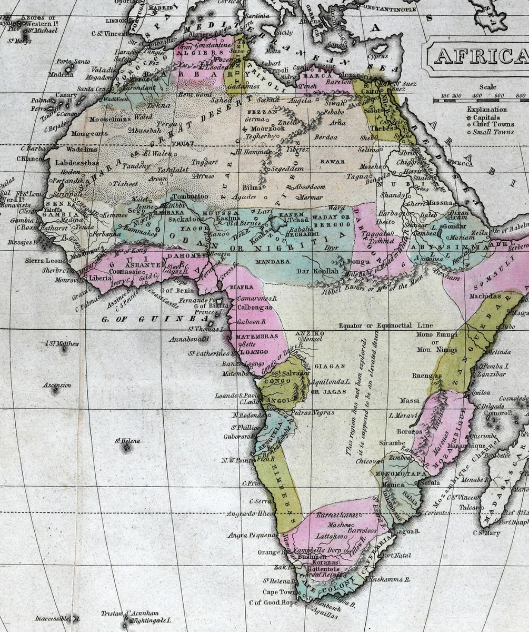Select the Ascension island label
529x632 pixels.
pyautogui.click(x=57, y=385)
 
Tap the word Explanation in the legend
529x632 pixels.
pyautogui.click(x=487, y=110)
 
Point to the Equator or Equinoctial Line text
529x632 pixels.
pyautogui.click(x=386, y=325)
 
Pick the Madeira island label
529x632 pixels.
pyautogui.click(x=61, y=74)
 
